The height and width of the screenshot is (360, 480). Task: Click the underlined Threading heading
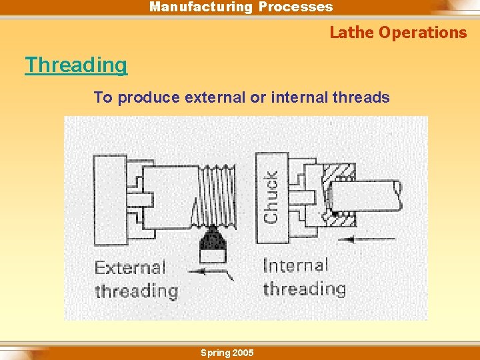click(76, 65)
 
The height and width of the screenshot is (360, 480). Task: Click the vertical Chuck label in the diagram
click(271, 197)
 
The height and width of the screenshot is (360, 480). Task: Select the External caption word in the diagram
click(129, 268)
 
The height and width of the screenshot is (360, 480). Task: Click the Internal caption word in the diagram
click(295, 266)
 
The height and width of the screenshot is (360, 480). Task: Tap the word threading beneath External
click(136, 291)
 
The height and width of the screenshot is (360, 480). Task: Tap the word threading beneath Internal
click(304, 289)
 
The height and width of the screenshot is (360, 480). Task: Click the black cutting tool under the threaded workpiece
click(212, 244)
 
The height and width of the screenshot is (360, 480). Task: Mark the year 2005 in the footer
click(242, 353)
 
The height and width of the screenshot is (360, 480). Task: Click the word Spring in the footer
click(215, 353)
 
